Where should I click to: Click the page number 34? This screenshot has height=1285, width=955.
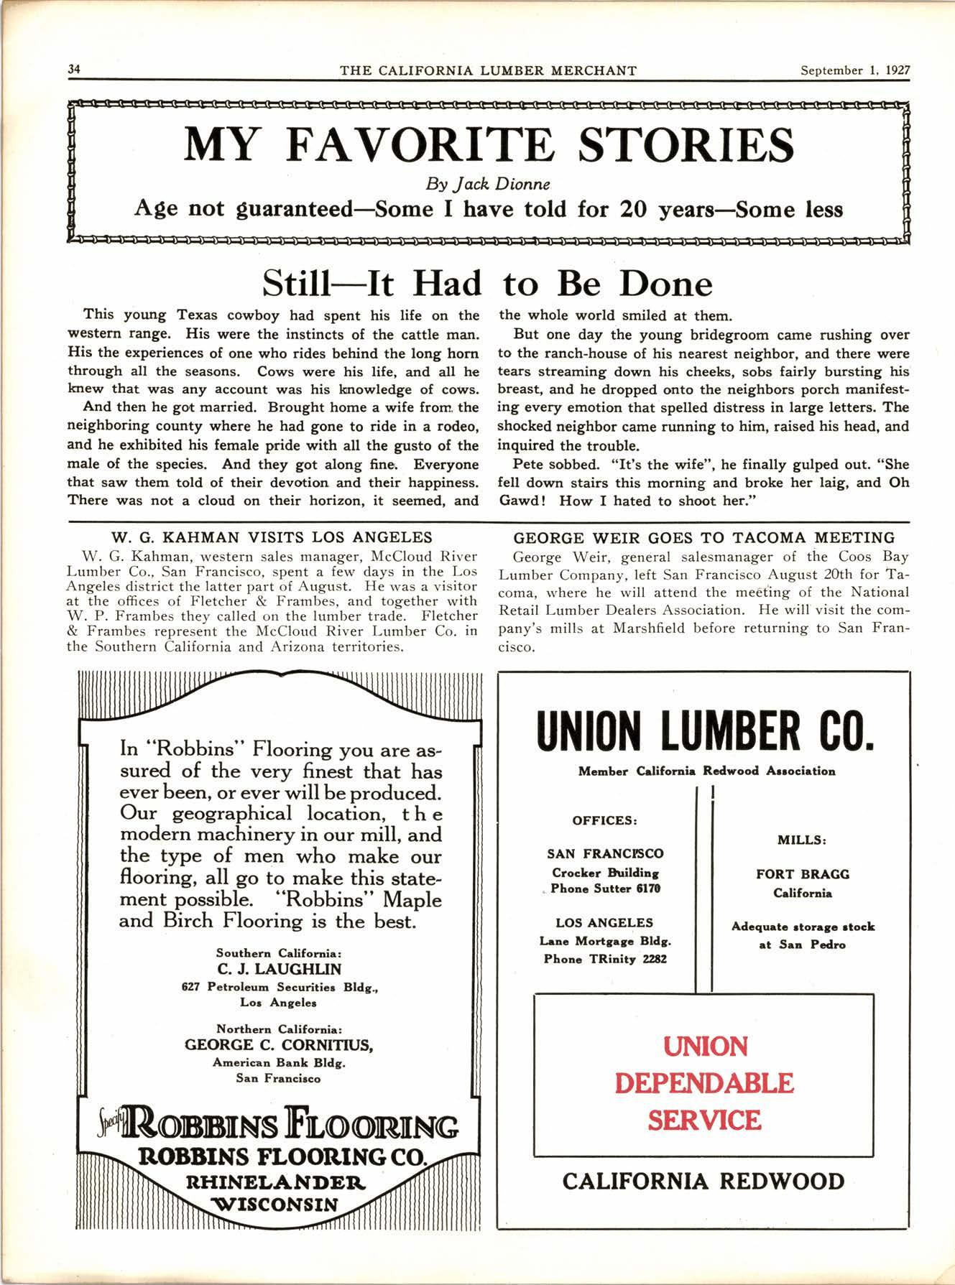73,70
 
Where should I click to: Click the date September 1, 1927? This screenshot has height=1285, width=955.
855,70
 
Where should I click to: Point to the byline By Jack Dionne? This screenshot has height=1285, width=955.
489,183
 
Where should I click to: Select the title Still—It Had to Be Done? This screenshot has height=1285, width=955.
487,283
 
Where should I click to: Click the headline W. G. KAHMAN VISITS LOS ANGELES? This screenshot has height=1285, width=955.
272,537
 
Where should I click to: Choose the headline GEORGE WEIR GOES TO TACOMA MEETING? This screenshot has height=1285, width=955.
704,537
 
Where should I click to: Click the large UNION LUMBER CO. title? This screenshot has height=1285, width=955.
705,731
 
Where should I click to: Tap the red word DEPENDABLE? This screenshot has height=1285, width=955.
704,1082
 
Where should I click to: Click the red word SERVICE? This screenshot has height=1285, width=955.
704,1120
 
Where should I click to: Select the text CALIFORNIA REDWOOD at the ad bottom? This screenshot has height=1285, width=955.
703,1181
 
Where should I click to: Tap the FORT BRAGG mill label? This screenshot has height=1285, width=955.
802,874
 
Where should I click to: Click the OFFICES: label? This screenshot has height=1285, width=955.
605,820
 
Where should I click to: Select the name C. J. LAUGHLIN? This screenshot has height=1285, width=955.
279,969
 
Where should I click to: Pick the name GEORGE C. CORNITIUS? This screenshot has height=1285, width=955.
279,1044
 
